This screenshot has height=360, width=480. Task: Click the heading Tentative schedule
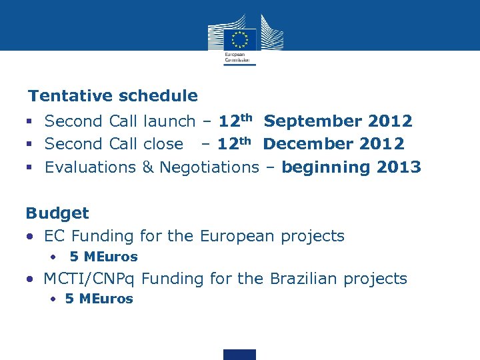(113, 96)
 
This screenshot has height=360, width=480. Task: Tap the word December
(309, 144)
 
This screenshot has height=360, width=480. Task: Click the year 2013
(399, 167)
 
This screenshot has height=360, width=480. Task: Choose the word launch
(169, 121)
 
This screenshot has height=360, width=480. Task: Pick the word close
(163, 144)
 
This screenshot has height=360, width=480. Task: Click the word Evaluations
(90, 167)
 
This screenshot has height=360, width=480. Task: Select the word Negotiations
(209, 167)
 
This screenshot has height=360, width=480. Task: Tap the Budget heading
(57, 213)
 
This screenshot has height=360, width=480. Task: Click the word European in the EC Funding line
(237, 236)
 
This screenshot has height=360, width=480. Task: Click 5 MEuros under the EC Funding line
(103, 257)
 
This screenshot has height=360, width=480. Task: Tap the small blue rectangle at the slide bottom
(239, 354)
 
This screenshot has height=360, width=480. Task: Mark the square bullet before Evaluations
(30, 167)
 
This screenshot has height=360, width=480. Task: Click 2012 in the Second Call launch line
(390, 121)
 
